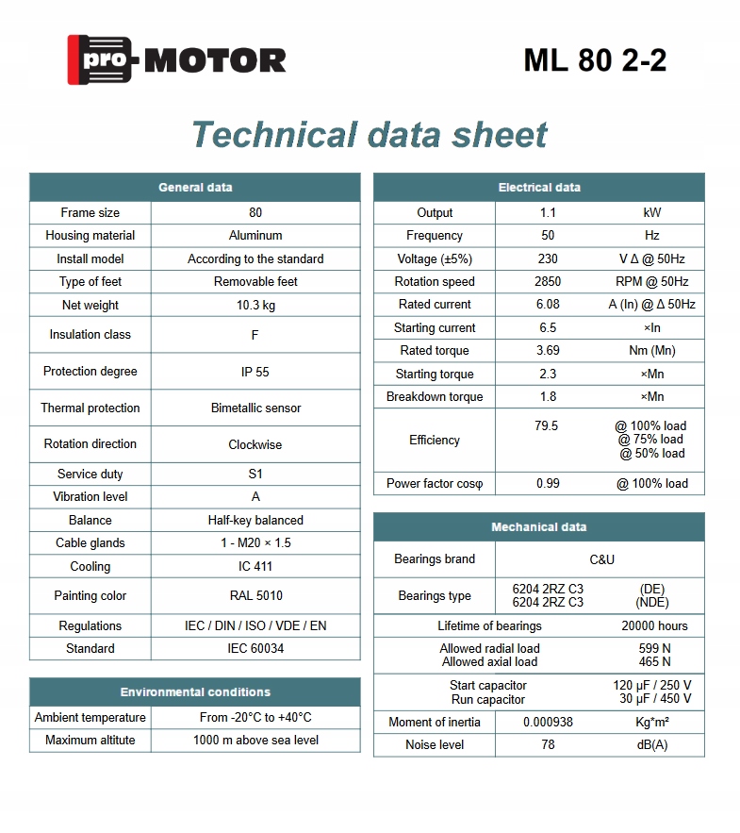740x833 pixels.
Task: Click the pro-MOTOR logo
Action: tap(176, 60)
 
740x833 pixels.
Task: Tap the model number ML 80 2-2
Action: tap(595, 60)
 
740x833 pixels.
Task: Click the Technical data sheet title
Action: tap(369, 135)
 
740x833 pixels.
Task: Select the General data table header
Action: tap(195, 188)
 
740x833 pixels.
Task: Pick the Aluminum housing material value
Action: tap(255, 236)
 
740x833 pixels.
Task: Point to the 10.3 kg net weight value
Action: tap(255, 306)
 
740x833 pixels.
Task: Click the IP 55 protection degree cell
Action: tap(255, 372)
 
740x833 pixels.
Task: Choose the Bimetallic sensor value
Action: tap(255, 408)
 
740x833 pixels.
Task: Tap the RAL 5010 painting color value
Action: tap(255, 596)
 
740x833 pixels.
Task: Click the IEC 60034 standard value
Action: tap(255, 649)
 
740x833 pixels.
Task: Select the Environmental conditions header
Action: tap(195, 692)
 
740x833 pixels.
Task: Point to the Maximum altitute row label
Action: tap(90, 741)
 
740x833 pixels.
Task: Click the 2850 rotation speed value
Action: tap(548, 282)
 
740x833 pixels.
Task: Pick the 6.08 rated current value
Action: tap(548, 305)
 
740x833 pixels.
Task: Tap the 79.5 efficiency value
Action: tap(547, 426)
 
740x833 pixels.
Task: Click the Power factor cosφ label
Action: tap(435, 484)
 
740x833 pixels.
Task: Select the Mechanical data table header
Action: tap(539, 527)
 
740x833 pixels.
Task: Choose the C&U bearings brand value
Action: tap(601, 559)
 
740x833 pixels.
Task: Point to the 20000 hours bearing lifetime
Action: tap(654, 626)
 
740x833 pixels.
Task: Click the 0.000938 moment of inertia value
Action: tap(548, 723)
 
